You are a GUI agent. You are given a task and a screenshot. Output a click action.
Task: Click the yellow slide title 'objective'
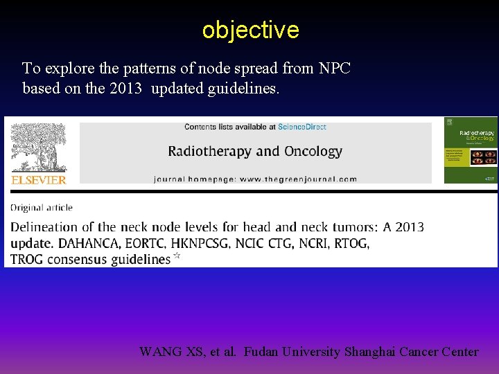point(250,30)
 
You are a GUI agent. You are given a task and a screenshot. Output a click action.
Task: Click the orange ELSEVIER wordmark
point(39,180)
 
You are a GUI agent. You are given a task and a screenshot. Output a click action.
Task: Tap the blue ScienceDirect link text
point(302,127)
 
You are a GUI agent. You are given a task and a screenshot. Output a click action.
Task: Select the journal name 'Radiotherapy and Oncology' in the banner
point(255,151)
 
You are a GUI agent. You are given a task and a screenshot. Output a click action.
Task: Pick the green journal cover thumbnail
point(470,150)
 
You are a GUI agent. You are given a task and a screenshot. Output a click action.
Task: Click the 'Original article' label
point(42,207)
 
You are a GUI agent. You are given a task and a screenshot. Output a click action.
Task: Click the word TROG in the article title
point(28,260)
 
